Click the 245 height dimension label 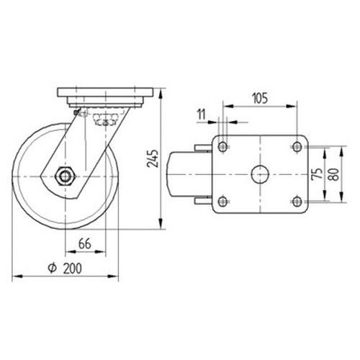click(x=153, y=158)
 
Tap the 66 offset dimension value click(x=85, y=244)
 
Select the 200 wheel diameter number click(x=73, y=269)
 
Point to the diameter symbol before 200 click(x=52, y=268)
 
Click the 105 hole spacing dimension click(x=260, y=98)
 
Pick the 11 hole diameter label click(x=202, y=114)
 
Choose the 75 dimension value click(x=318, y=174)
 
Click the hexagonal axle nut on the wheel click(x=65, y=176)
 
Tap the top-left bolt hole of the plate click(x=222, y=146)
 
